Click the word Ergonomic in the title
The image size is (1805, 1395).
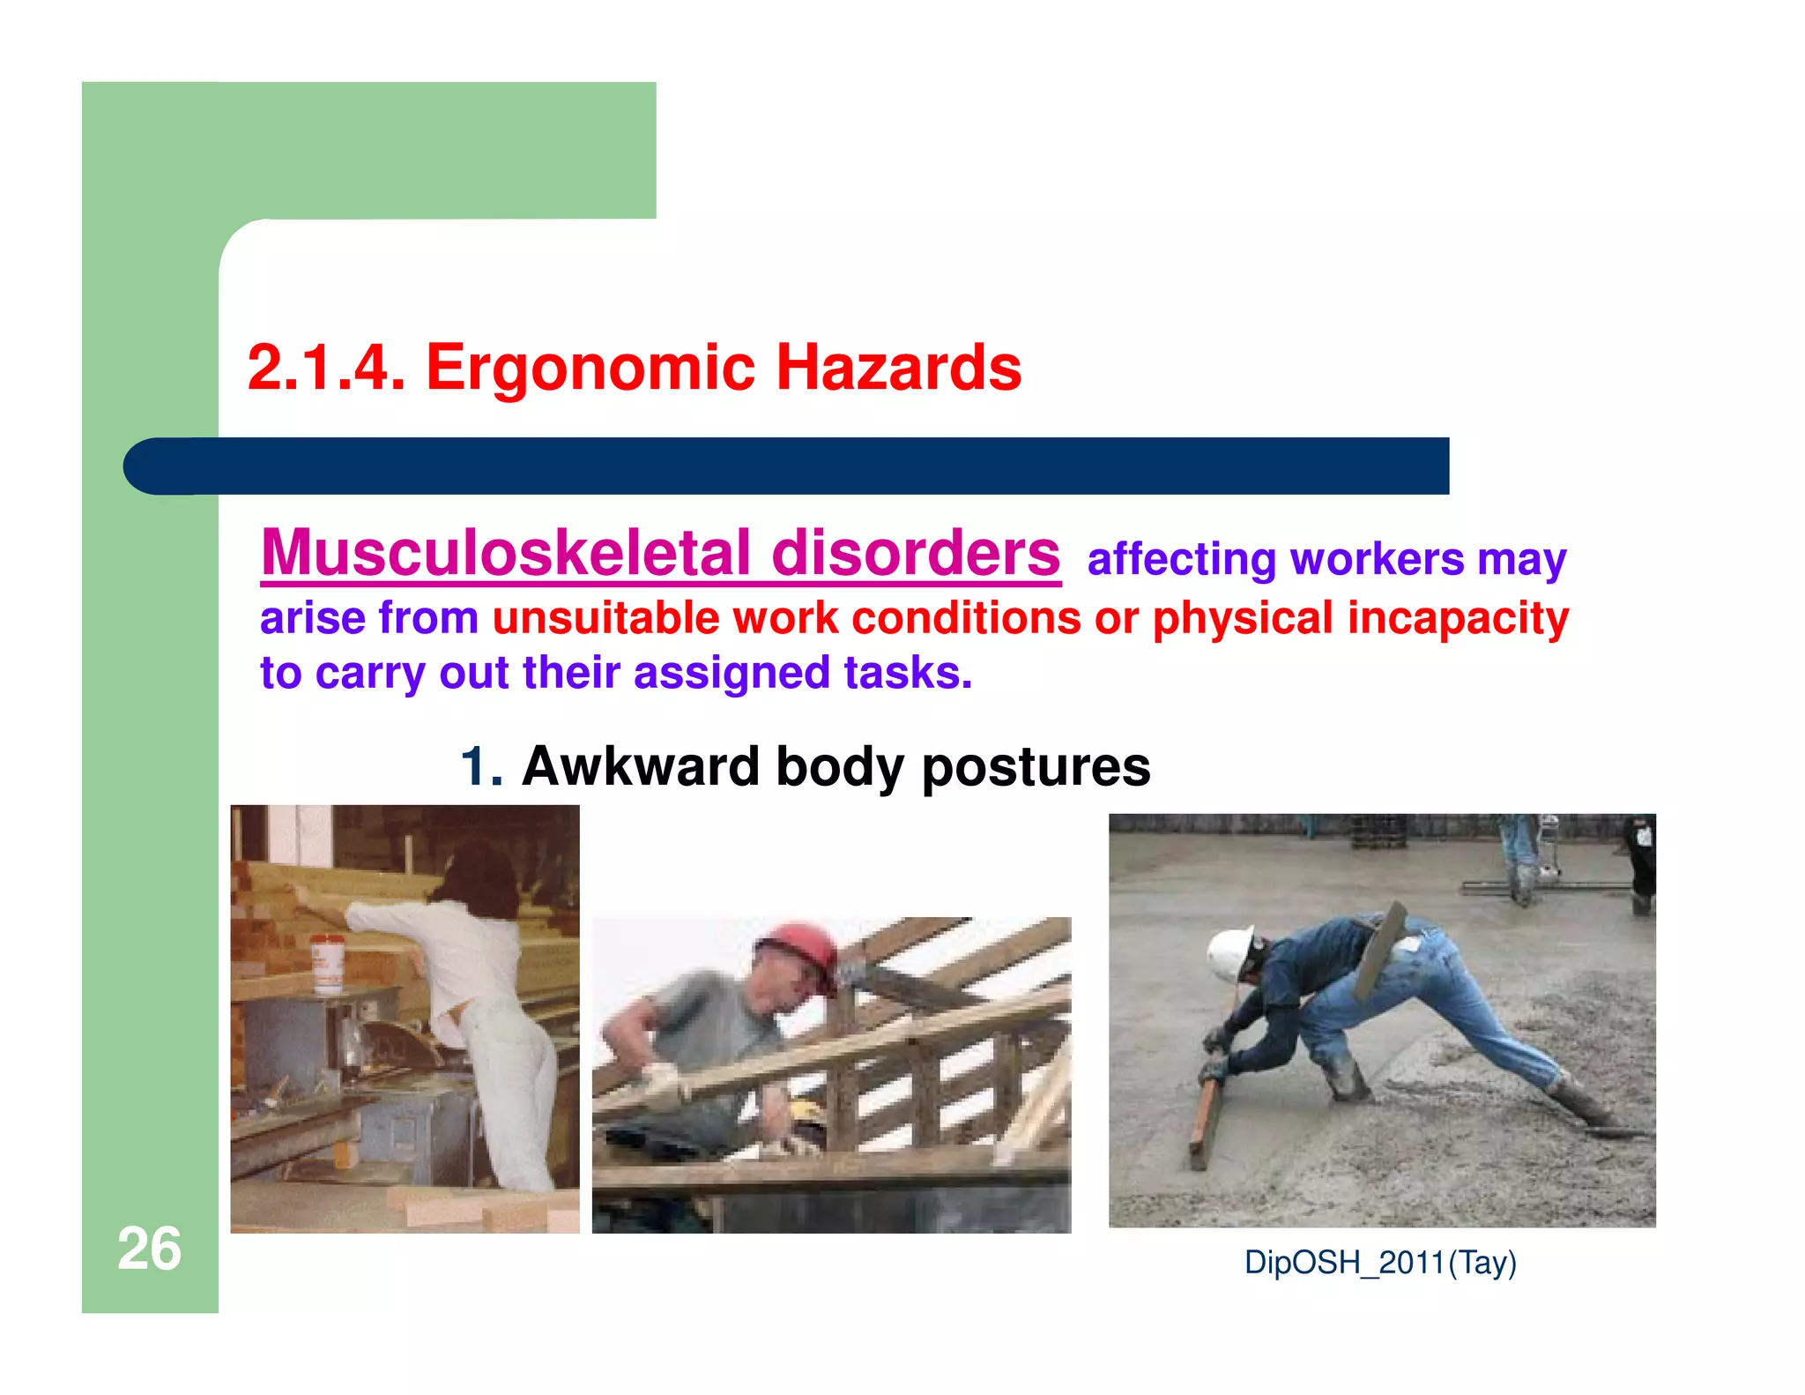tap(591, 368)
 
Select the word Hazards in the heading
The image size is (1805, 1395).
tap(898, 368)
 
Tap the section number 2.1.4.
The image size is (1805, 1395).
tap(325, 368)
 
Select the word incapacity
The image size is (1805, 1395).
tap(1458, 618)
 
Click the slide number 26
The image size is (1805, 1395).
tap(149, 1249)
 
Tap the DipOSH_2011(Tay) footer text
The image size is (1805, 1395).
tap(1380, 1263)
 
